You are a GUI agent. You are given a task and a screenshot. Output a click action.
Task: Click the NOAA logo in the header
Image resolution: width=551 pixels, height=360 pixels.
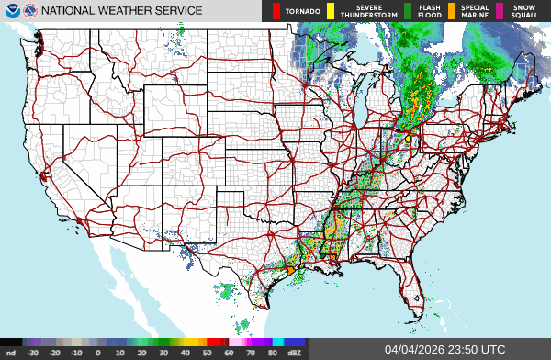point(13,11)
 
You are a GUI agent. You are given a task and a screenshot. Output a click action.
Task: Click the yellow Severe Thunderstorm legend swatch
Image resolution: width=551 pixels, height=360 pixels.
point(330,11)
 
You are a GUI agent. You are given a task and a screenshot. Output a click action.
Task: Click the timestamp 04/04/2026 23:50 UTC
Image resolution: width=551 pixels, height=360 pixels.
point(444,349)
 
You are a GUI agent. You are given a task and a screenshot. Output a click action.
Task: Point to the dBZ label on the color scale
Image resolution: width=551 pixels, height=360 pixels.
point(294,352)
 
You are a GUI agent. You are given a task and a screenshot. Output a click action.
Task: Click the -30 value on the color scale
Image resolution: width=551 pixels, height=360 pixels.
point(32,352)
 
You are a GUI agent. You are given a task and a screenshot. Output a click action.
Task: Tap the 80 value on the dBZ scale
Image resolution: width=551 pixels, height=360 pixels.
point(273,352)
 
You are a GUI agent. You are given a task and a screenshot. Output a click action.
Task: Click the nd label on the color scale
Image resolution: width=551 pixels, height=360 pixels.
point(10,352)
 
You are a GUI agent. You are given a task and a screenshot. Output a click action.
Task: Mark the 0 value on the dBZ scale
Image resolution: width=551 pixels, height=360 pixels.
point(97,352)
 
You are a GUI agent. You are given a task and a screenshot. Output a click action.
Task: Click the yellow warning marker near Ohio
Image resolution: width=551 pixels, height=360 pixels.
point(408,139)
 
